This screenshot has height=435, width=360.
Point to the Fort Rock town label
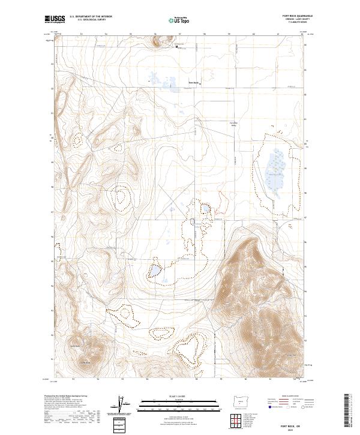tap(193, 82)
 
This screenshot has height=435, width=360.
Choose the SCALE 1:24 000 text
tap(179, 395)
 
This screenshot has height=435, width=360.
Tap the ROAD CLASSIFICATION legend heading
tap(289, 397)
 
